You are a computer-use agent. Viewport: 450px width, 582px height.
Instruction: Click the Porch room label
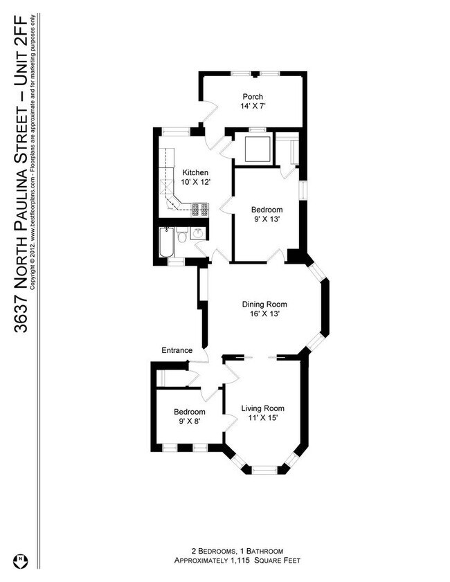252,96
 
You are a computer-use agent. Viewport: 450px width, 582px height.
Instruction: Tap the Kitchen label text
195,172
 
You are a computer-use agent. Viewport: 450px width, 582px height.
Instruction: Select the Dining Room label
264,304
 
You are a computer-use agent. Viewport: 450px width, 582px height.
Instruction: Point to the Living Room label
262,408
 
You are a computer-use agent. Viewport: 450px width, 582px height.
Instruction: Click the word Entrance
177,350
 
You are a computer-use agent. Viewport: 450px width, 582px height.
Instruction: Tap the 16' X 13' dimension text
264,313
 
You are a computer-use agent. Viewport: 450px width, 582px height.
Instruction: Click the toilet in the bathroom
181,237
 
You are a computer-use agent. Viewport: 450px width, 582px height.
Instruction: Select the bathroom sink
198,233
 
